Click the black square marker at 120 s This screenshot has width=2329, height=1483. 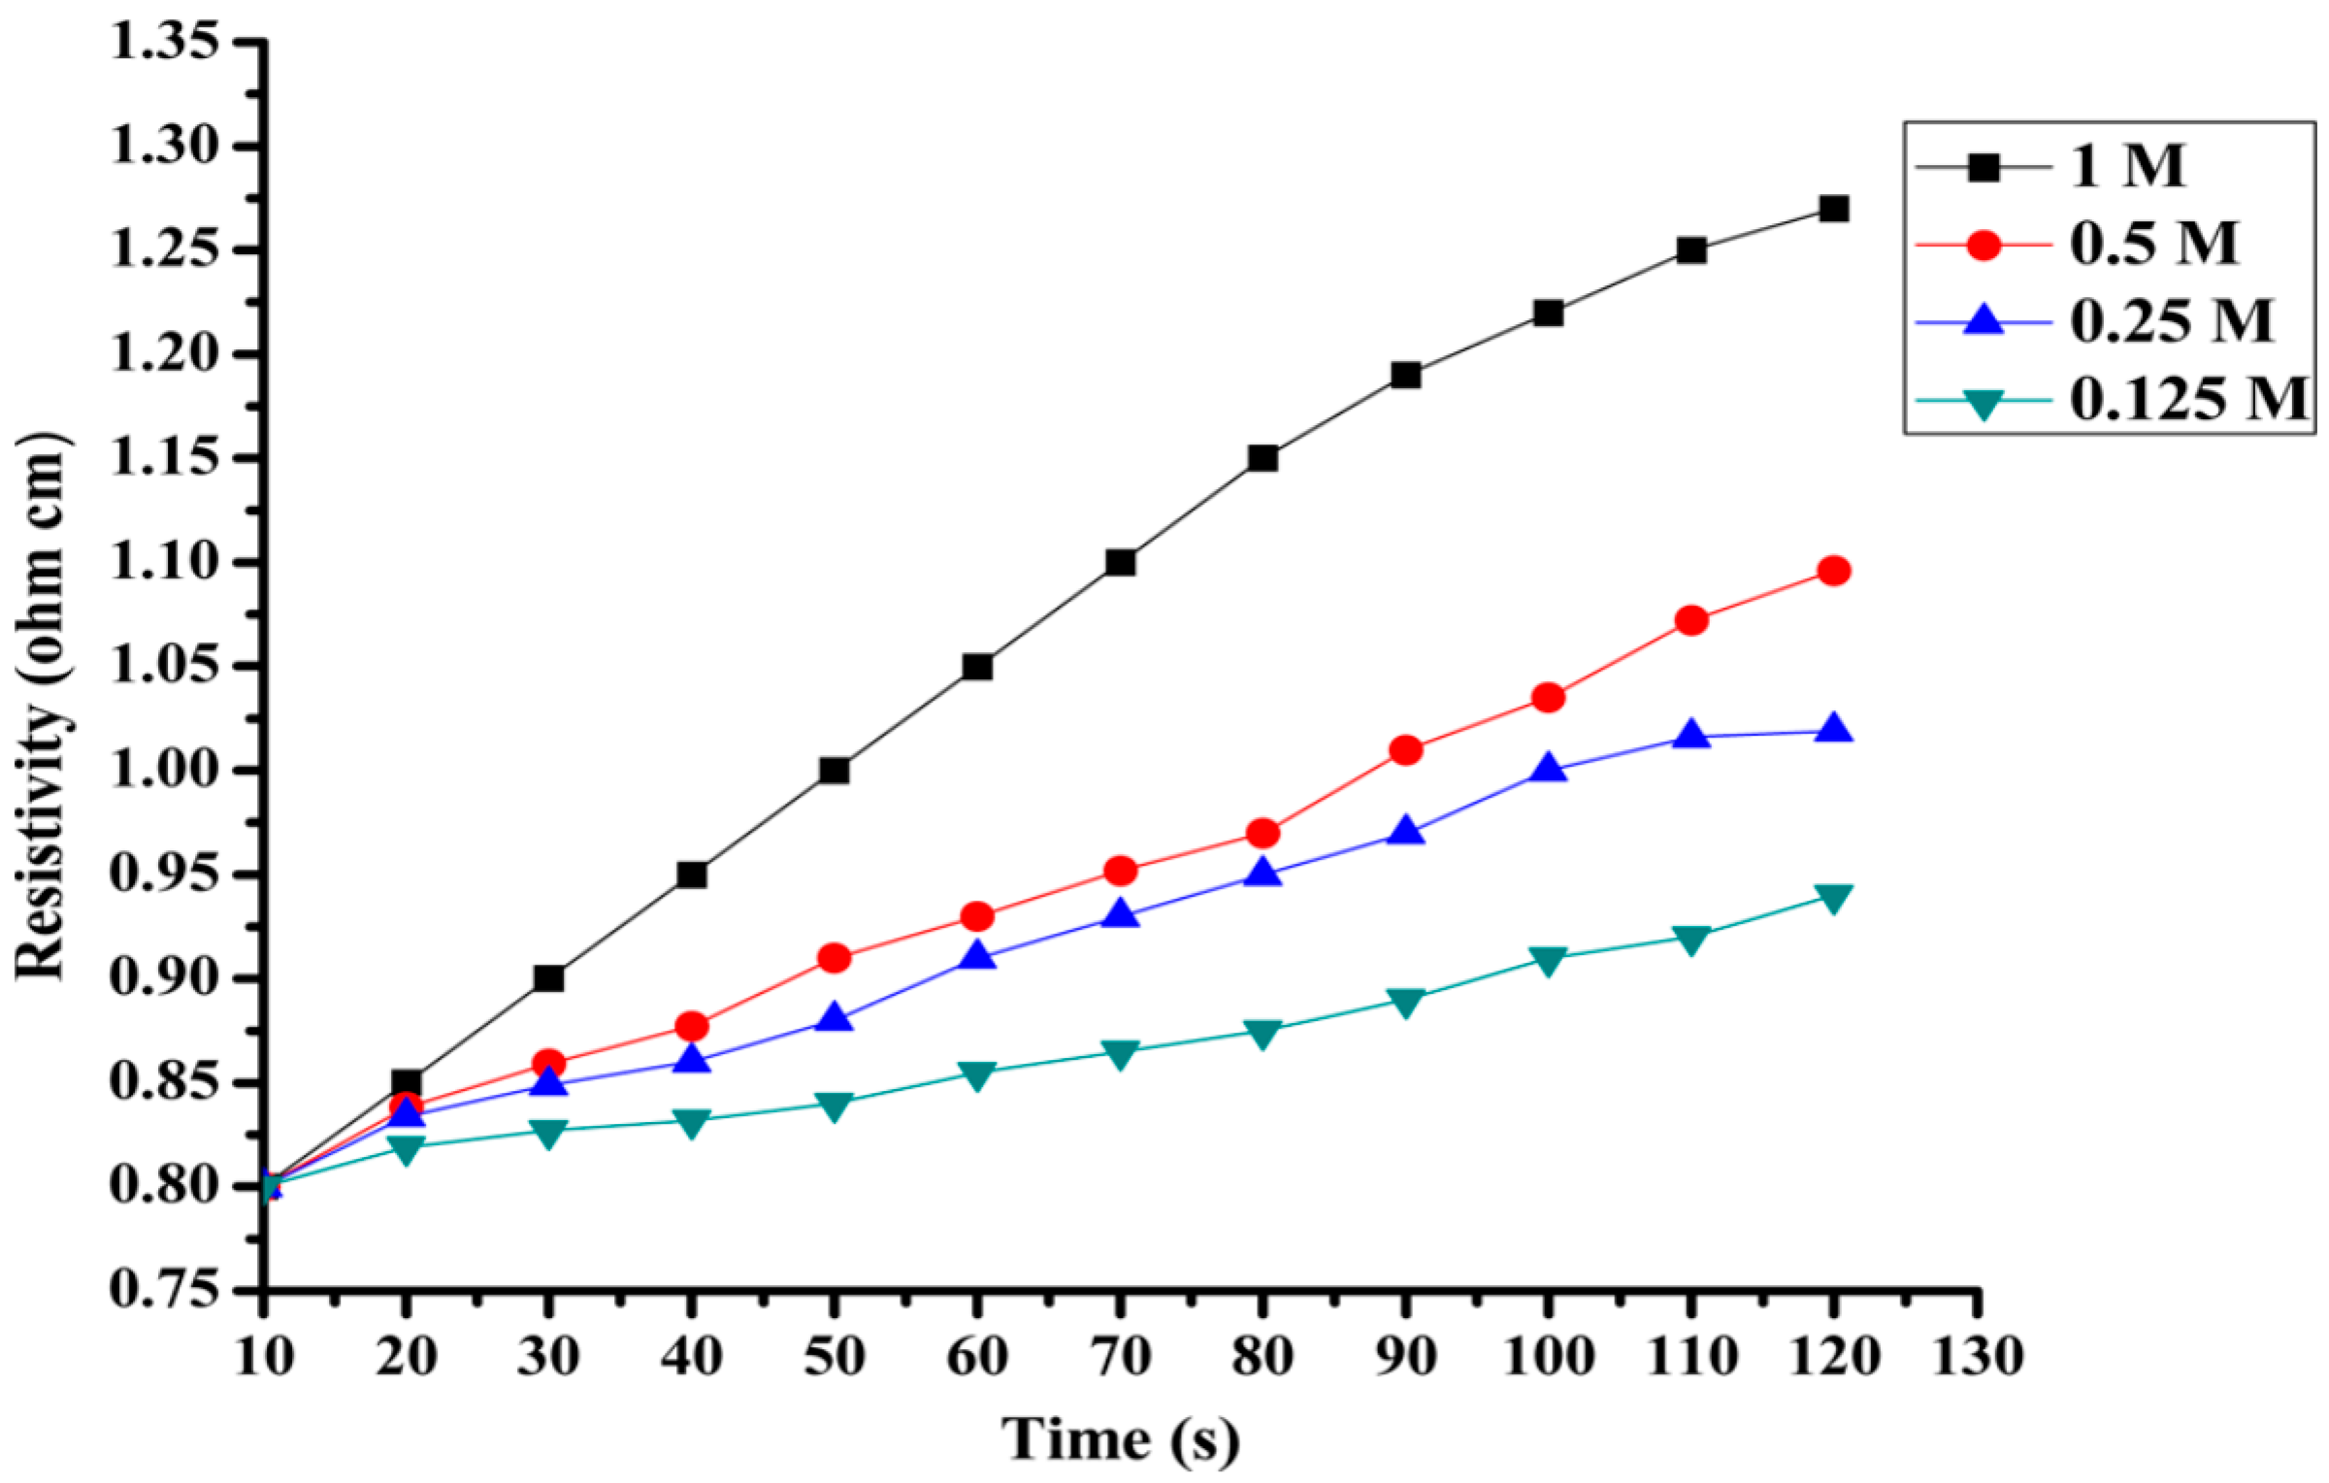coord(1833,209)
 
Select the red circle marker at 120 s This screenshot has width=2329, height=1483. coord(1833,571)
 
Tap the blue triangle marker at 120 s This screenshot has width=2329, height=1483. coord(1833,729)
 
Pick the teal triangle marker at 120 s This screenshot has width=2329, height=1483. coord(1833,898)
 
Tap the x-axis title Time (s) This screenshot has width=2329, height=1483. coord(1121,1439)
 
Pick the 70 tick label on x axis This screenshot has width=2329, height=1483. coord(1120,1356)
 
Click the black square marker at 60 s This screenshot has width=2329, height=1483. coord(977,667)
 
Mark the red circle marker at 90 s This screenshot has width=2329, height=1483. coord(1405,750)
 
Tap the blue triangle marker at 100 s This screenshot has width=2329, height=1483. coord(1548,770)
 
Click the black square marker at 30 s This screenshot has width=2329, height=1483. coord(548,978)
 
